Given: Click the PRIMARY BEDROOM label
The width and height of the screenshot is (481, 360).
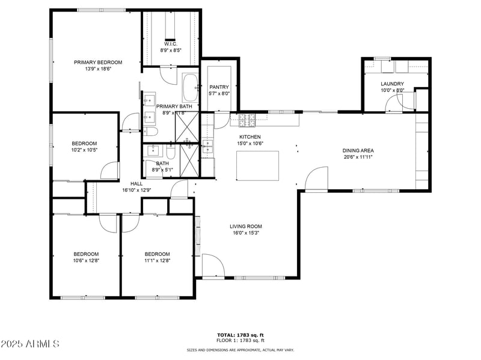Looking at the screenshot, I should (x=98, y=62).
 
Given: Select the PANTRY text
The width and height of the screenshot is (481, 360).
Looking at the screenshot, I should (x=219, y=87).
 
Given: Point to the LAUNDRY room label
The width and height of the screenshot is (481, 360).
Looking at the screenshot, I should (x=392, y=84).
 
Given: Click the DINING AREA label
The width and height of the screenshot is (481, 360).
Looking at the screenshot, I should (x=358, y=150).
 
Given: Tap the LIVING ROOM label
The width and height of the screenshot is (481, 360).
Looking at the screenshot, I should (x=245, y=227).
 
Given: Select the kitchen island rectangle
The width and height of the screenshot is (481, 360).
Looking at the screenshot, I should (x=259, y=166).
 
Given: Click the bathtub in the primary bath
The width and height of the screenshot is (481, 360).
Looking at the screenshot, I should (x=190, y=88).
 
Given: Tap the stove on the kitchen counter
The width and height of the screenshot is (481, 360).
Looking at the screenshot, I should (x=247, y=120).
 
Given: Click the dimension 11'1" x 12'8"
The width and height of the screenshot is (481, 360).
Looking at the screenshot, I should (x=157, y=260).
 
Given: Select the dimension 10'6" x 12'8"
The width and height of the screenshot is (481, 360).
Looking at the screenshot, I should (x=86, y=260).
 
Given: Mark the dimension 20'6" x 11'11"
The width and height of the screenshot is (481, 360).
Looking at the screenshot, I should (x=358, y=157).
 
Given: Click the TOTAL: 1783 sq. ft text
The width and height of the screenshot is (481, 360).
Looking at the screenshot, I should (x=240, y=334).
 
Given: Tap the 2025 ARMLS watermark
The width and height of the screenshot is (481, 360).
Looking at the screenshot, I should (x=30, y=344).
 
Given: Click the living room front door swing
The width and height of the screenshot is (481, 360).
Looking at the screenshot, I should (x=212, y=266).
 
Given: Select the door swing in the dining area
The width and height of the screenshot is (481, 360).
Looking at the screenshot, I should (x=316, y=179).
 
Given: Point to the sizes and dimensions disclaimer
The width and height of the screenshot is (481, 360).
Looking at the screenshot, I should (x=240, y=349).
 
